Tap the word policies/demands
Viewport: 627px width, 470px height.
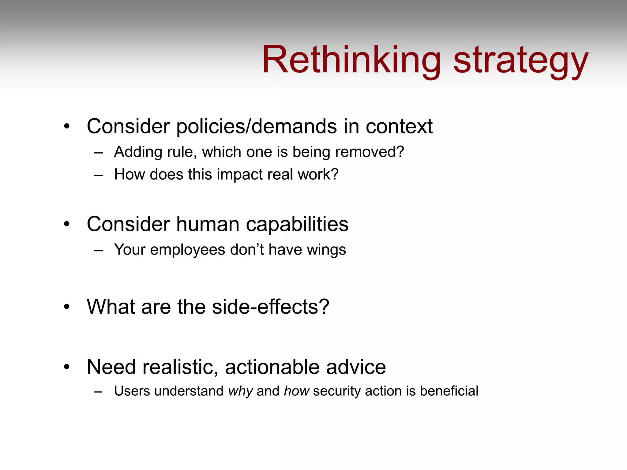(257, 127)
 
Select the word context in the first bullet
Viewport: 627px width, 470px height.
(399, 127)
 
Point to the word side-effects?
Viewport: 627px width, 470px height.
(270, 307)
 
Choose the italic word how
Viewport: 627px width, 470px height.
(296, 391)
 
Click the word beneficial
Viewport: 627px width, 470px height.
(449, 391)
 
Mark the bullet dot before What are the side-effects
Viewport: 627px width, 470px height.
(67, 307)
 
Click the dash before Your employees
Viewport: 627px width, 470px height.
(99, 251)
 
